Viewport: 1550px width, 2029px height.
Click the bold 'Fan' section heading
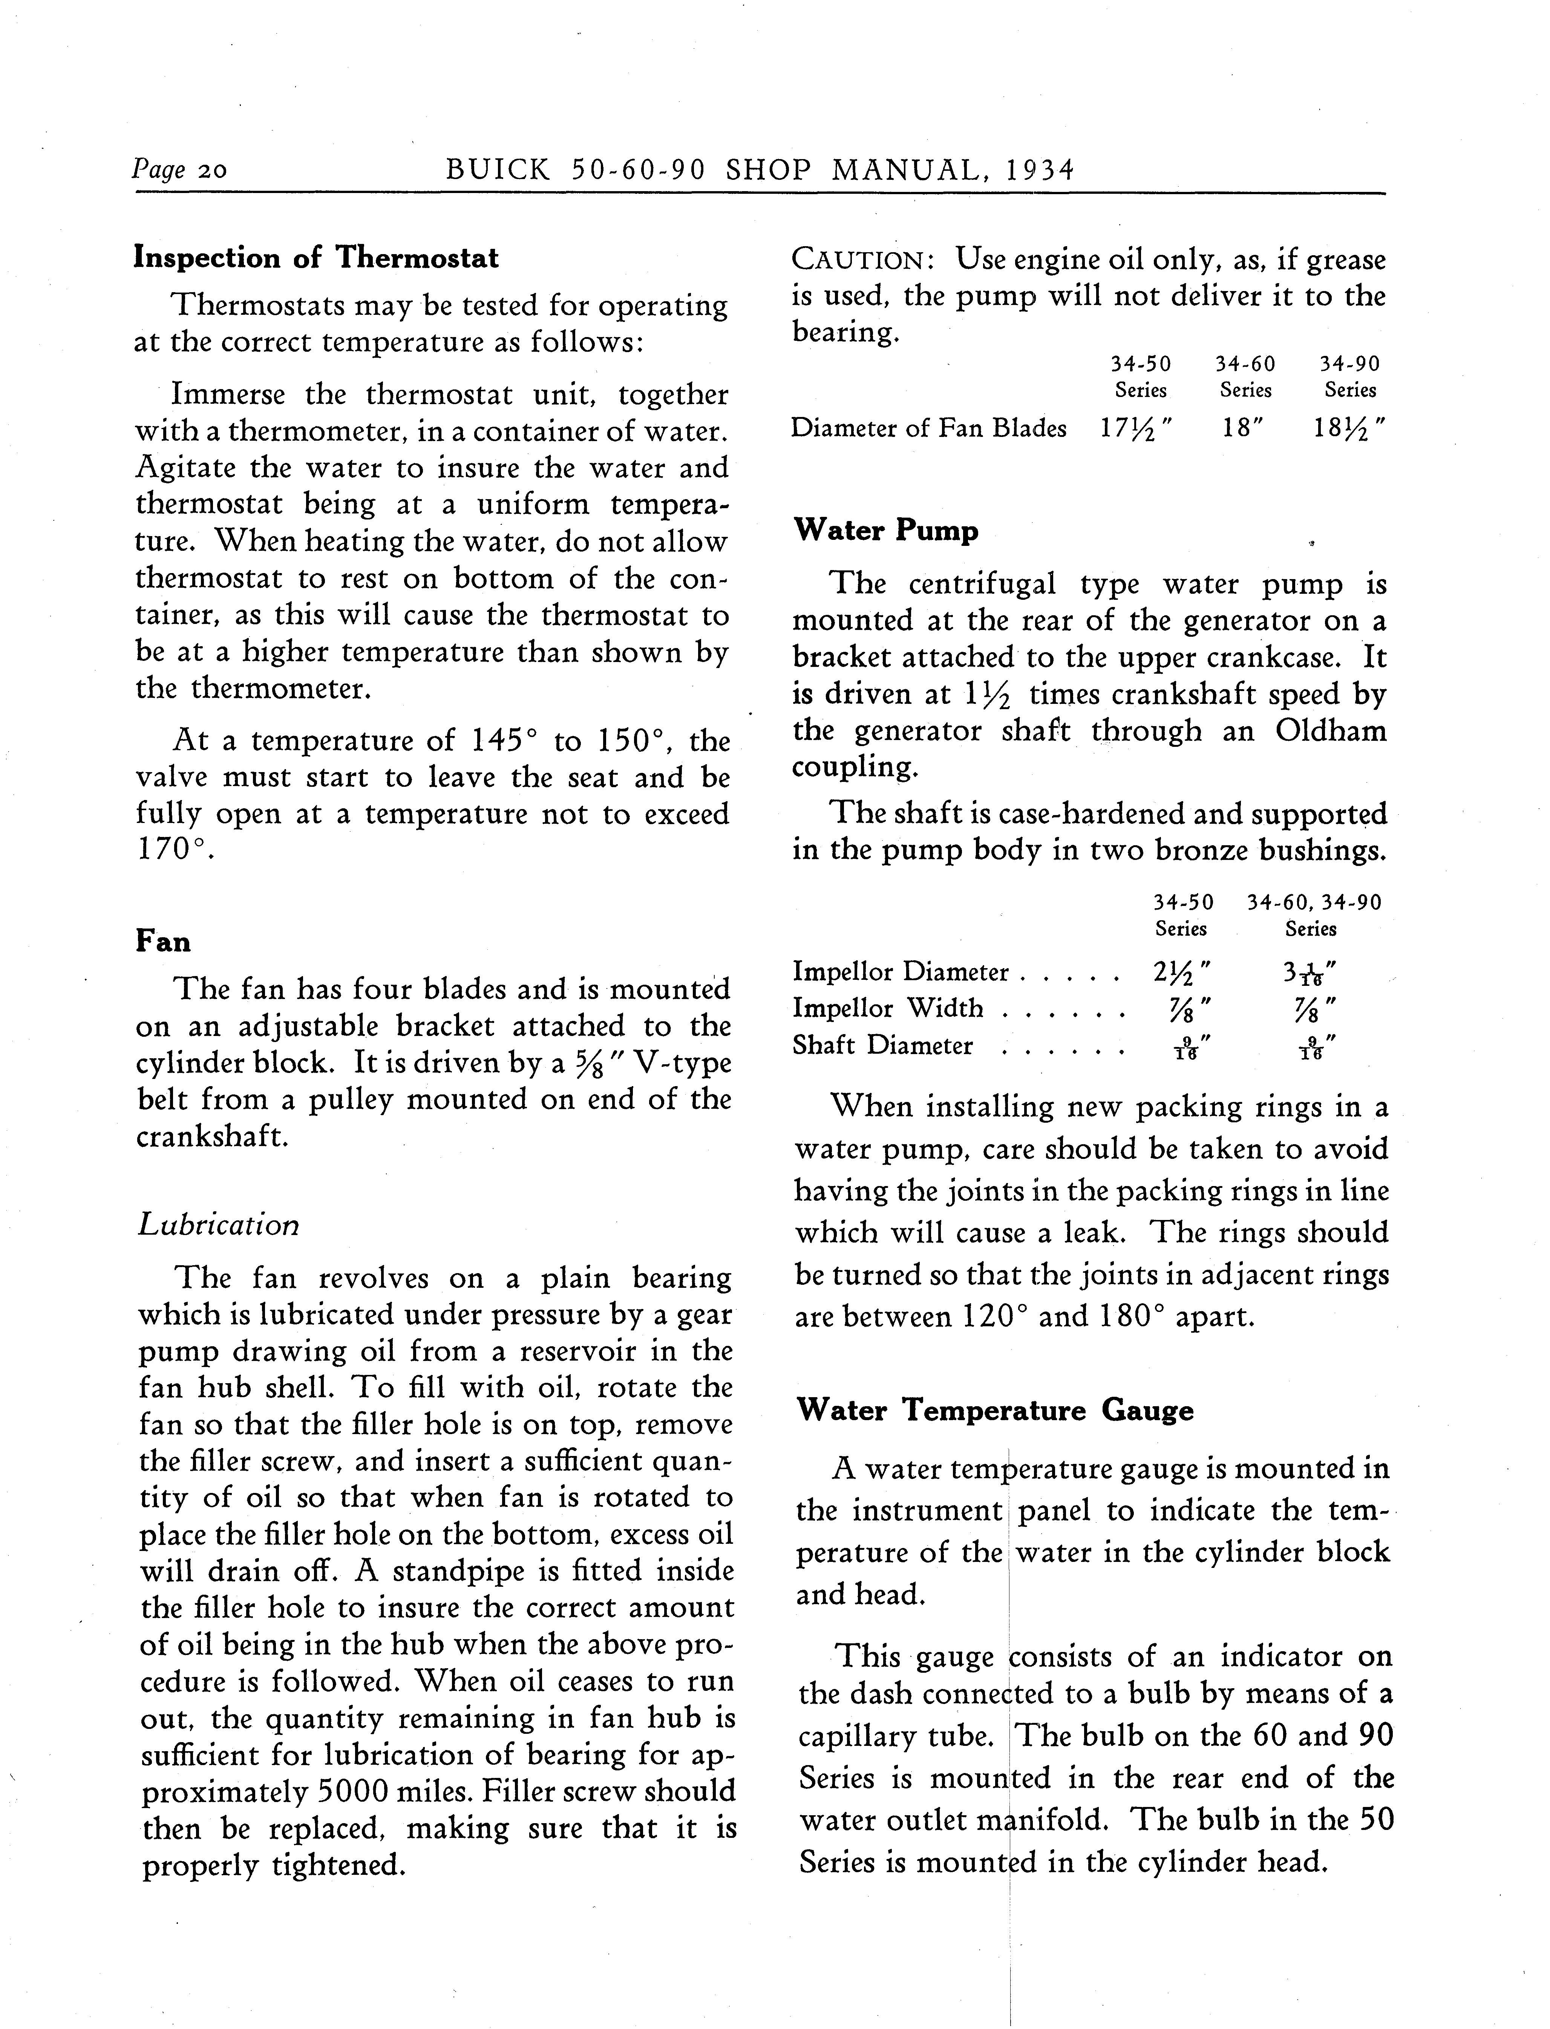tap(163, 941)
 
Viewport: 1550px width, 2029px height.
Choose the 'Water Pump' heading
tap(886, 530)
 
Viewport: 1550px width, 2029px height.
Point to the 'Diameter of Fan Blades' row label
tap(928, 428)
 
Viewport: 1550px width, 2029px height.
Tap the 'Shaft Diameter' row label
tap(882, 1045)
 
